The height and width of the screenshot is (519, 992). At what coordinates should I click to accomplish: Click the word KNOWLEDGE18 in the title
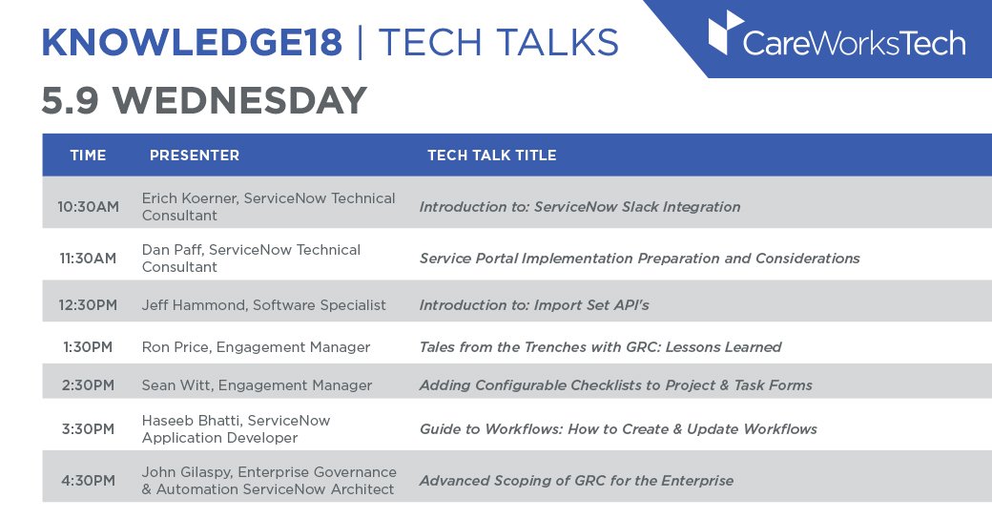193,43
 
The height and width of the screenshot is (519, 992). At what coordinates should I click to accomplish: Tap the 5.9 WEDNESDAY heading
204,101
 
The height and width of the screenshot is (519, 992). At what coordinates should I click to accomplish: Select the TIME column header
88,156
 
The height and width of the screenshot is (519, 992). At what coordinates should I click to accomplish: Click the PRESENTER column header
195,156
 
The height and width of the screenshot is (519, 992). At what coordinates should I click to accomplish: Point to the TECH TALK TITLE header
491,156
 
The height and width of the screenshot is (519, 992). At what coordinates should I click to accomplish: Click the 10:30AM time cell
88,206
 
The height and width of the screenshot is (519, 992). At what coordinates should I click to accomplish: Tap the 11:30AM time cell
88,258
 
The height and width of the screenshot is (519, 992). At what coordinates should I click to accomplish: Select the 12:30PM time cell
88,305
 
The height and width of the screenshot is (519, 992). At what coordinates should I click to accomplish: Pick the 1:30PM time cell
88,347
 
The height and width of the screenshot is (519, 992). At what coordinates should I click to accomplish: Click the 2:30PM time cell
88,385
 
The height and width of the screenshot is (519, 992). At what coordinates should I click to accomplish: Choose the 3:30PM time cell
88,429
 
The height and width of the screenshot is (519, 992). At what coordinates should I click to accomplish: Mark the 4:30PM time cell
88,480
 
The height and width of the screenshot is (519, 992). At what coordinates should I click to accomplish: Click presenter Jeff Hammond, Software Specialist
263,305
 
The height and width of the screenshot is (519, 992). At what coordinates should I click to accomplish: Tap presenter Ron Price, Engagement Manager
256,347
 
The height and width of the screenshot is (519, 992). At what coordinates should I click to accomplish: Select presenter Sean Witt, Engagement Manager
257,385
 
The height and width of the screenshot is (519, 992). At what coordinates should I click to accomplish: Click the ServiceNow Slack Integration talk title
580,206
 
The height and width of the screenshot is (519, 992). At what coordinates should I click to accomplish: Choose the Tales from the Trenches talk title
600,347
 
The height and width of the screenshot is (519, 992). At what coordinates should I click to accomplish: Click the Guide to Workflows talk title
618,429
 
